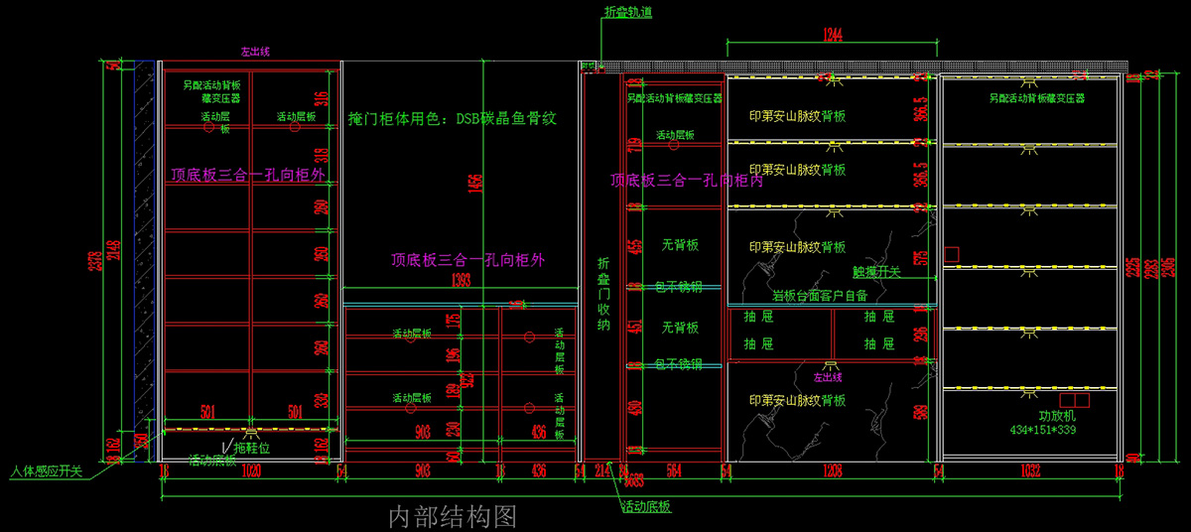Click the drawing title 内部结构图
[452, 515]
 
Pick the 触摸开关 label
[876, 271]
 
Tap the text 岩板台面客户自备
[820, 295]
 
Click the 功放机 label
[1057, 416]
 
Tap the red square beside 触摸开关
[950, 255]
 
